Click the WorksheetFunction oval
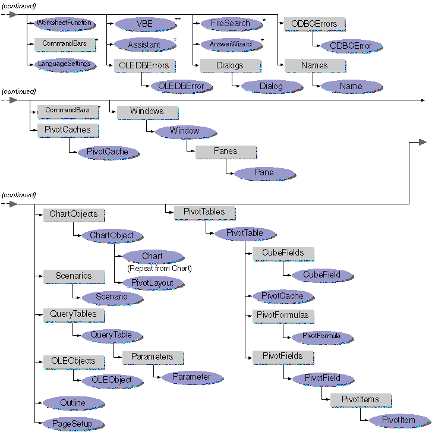coord(64,23)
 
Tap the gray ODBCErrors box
coord(314,24)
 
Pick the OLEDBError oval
coord(181,86)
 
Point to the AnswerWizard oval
coord(230,44)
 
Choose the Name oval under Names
coord(351,86)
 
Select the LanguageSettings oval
coord(64,64)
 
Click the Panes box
coord(225,152)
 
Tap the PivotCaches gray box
coord(67,130)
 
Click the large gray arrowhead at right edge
coord(422,143)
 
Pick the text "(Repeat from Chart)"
coord(159,269)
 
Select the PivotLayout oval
coord(152,283)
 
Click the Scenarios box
coord(73,276)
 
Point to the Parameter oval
coord(191,377)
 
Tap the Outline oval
coord(72,403)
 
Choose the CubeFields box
coord(282,253)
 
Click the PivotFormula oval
coord(321,336)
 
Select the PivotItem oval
coord(399,420)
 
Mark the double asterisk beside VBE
coord(178,20)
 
